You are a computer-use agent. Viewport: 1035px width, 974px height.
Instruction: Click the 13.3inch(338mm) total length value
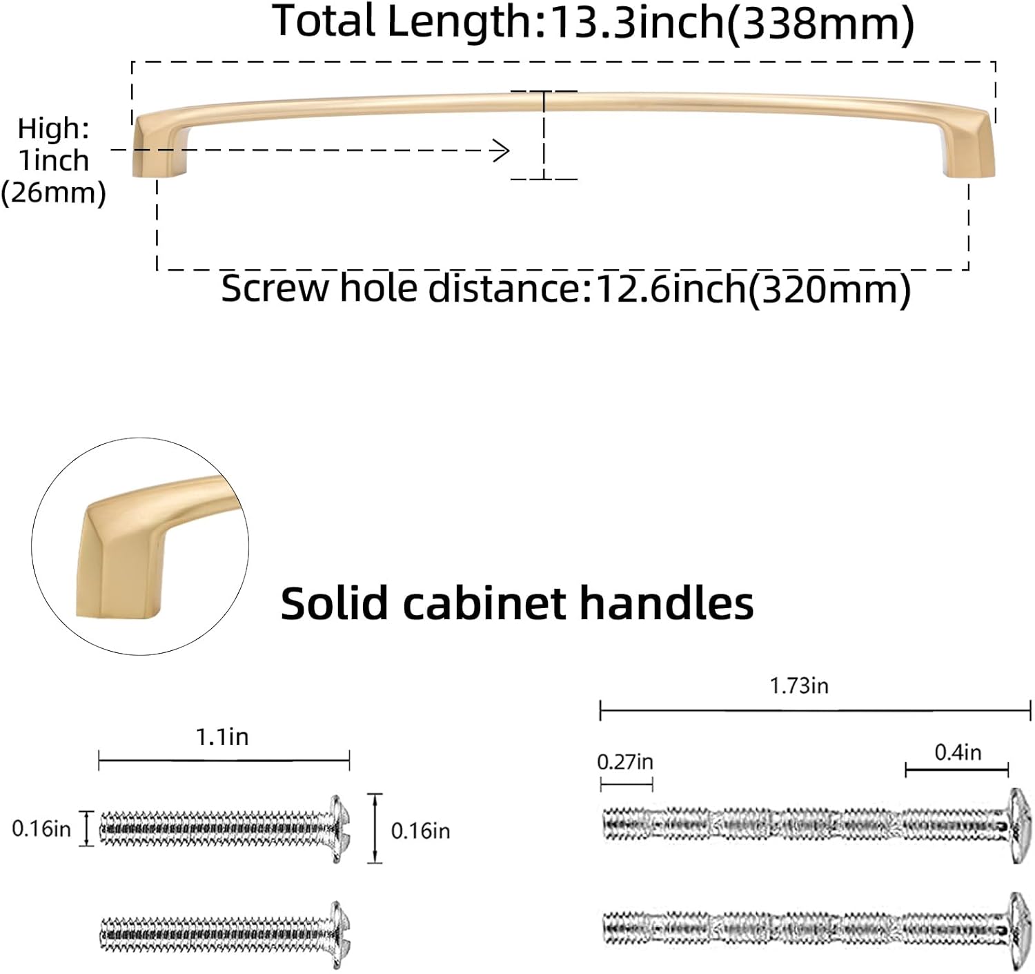pos(732,23)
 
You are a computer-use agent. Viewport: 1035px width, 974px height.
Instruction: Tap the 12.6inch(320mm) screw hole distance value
pos(753,289)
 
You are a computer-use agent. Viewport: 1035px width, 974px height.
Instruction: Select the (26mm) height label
pos(53,193)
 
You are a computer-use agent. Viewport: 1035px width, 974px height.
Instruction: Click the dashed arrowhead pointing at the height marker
pos(502,150)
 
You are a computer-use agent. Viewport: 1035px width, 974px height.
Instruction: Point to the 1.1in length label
pos(223,737)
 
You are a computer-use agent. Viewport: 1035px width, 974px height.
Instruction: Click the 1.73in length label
pos(800,686)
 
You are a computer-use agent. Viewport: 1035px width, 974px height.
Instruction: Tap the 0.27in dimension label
pos(625,762)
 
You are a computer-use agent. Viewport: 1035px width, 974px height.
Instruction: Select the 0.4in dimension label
pos(958,752)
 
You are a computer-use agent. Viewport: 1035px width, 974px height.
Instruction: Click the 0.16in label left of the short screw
pos(41,829)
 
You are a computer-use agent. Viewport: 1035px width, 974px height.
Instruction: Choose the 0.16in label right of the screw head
pos(421,832)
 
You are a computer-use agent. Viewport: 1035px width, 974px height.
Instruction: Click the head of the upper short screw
pos(339,829)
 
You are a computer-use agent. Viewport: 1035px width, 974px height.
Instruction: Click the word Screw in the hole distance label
pos(275,289)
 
